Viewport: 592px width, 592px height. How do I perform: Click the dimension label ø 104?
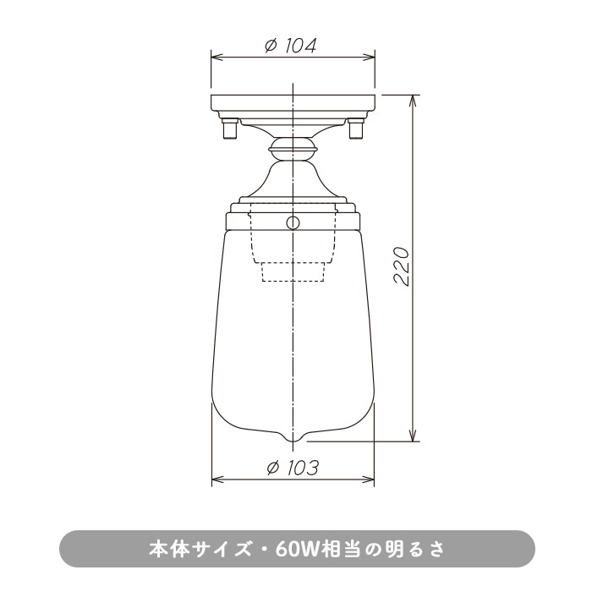click(290, 46)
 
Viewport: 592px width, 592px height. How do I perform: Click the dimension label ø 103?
click(293, 469)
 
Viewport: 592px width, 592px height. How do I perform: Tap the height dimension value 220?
click(402, 266)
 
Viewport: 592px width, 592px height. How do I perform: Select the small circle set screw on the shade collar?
click(293, 222)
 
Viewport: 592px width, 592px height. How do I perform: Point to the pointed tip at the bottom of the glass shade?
click(293, 441)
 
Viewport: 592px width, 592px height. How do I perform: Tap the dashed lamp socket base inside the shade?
click(293, 271)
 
